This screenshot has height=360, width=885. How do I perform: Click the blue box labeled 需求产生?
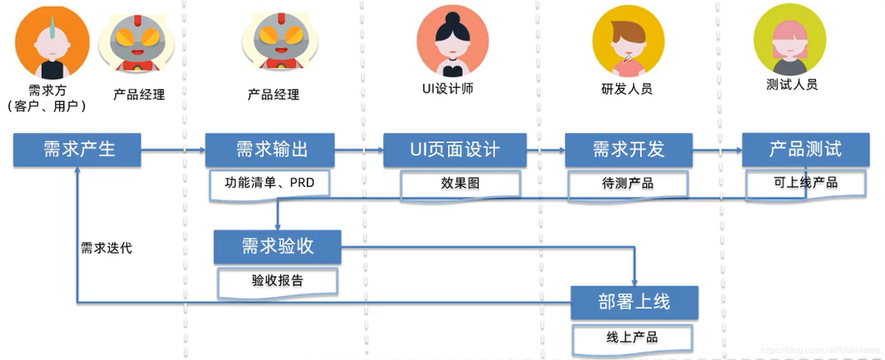tap(78, 150)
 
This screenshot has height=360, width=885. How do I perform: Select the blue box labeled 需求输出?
tap(270, 150)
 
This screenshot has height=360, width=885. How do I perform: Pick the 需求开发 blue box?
tap(628, 150)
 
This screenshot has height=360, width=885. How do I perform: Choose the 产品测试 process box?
tap(804, 150)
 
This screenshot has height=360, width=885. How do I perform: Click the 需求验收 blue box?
tap(277, 246)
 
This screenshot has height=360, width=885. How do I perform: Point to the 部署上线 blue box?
tap(634, 302)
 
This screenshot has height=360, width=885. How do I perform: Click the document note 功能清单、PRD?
tap(270, 183)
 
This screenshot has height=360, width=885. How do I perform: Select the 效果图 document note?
tap(460, 184)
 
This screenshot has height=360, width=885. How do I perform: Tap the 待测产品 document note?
tap(628, 184)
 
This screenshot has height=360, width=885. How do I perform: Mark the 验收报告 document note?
tap(277, 281)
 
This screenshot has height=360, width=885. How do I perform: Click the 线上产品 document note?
tap(632, 337)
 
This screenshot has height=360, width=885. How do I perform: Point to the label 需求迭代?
tap(107, 248)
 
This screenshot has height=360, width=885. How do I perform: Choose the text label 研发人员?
tap(627, 90)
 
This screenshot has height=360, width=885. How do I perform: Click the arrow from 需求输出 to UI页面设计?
tap(359, 150)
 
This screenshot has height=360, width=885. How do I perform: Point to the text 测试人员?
tap(792, 84)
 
